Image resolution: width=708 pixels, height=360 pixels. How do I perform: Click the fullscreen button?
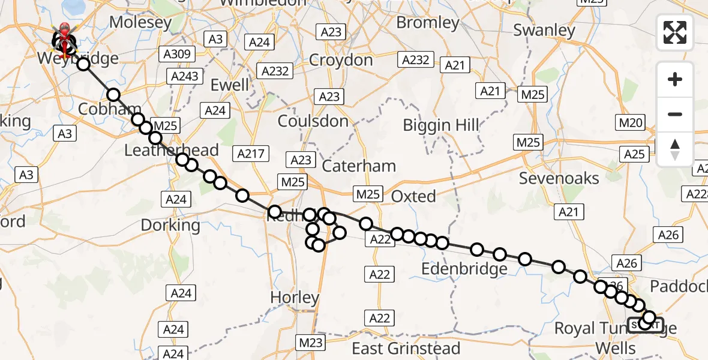tap(675, 32)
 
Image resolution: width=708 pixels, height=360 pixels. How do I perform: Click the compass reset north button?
tap(675, 149)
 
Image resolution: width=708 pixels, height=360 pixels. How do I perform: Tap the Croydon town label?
tap(341, 60)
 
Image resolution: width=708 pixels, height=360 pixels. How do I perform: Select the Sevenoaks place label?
tap(559, 178)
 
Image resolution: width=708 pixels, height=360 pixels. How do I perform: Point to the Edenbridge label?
tap(464, 269)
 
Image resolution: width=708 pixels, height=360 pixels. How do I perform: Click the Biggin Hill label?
tap(441, 125)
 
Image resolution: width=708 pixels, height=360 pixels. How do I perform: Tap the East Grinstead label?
tap(406, 348)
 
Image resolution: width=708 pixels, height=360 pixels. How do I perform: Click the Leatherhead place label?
tap(172, 150)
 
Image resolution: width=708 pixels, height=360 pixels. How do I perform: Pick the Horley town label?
tap(295, 297)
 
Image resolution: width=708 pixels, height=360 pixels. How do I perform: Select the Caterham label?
tap(359, 166)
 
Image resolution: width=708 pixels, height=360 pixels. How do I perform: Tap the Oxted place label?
tap(413, 196)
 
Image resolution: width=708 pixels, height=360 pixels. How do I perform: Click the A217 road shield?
tap(250, 154)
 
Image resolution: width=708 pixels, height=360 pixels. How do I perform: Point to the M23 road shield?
tap(311, 343)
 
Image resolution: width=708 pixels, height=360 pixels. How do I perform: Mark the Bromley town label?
tap(428, 23)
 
